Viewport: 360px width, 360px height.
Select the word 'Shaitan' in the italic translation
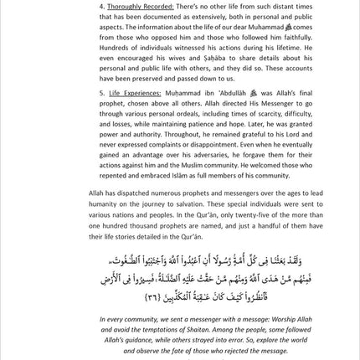click(170, 327)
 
